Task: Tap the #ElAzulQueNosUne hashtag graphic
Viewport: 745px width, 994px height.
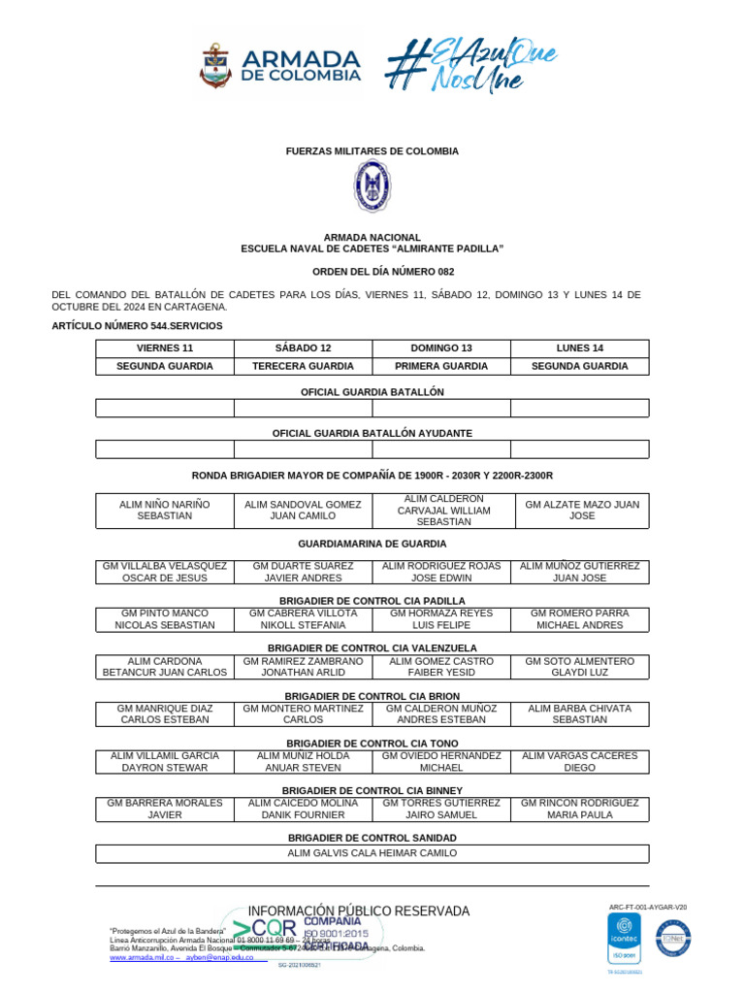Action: (x=470, y=65)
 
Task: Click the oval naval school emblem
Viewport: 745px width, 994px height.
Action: (x=372, y=186)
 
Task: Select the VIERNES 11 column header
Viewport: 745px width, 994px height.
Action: (x=165, y=348)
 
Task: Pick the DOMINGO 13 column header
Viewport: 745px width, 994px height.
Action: (x=440, y=348)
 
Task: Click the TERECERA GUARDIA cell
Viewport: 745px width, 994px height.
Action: (x=303, y=366)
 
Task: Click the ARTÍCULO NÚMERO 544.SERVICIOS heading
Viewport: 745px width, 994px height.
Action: (x=137, y=326)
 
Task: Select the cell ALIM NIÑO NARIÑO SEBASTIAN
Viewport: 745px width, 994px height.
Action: (x=165, y=511)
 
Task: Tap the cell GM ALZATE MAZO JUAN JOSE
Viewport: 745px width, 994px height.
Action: (x=580, y=511)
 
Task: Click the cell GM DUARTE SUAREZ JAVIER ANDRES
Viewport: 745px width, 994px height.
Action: (x=303, y=572)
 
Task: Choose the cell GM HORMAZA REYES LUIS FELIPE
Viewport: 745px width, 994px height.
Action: (x=440, y=619)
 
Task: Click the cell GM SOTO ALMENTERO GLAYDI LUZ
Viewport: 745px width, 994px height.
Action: (x=580, y=667)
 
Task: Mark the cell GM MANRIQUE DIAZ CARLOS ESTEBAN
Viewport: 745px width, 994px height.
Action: (x=165, y=714)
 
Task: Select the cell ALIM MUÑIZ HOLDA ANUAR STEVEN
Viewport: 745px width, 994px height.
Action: (x=303, y=761)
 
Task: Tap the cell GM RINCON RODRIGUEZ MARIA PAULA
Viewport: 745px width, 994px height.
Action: (x=580, y=809)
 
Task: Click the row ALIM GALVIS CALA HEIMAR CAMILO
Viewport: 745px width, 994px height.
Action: (x=372, y=853)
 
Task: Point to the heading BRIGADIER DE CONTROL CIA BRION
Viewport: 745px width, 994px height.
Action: (x=372, y=696)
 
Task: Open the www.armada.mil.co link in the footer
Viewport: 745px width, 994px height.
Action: (x=142, y=957)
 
